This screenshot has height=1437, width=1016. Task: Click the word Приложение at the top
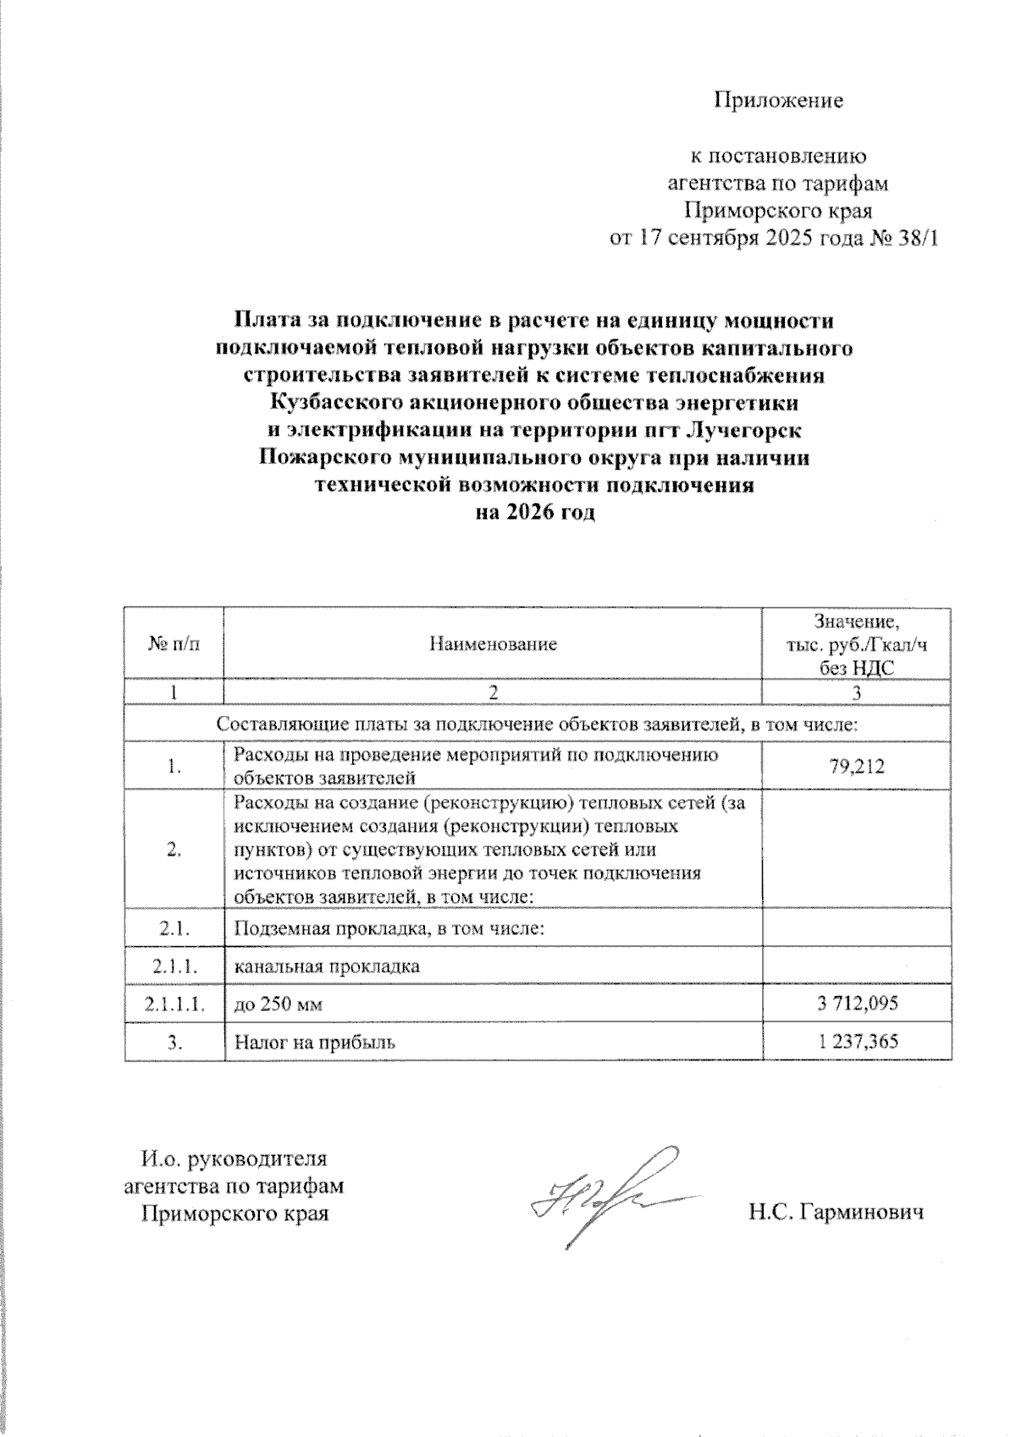click(x=779, y=101)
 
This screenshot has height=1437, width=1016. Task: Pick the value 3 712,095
click(x=857, y=1004)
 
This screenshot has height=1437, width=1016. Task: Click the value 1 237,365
click(x=857, y=1042)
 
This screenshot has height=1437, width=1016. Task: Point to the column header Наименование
click(x=493, y=644)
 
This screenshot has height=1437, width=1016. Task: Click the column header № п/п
click(x=174, y=644)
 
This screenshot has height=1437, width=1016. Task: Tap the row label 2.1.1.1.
click(x=174, y=1005)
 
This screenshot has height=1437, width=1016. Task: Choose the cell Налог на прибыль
click(x=315, y=1043)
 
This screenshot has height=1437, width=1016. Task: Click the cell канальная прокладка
click(x=327, y=966)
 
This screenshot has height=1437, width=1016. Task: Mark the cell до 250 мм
click(x=279, y=1005)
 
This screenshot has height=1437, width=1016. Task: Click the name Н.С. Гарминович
click(x=835, y=1213)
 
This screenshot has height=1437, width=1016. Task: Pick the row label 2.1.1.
click(x=174, y=966)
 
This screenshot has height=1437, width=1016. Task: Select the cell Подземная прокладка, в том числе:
click(x=388, y=928)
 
